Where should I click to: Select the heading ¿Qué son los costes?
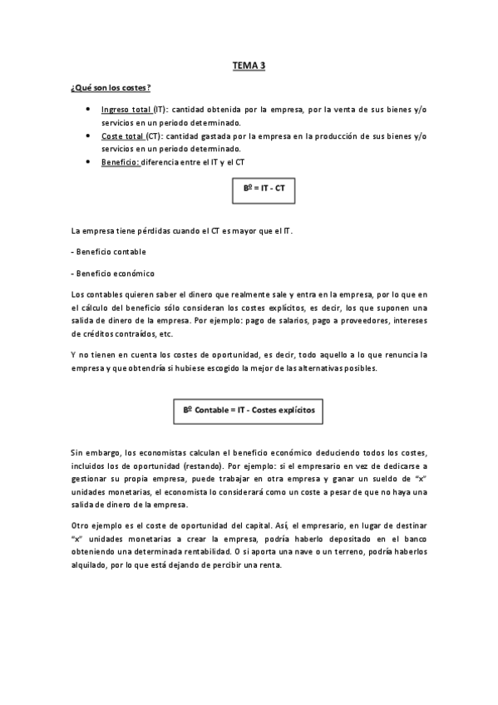[111, 88]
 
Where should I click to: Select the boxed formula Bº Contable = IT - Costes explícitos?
[249, 410]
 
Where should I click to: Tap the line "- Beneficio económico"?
[112, 272]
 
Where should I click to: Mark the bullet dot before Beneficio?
[88, 160]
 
